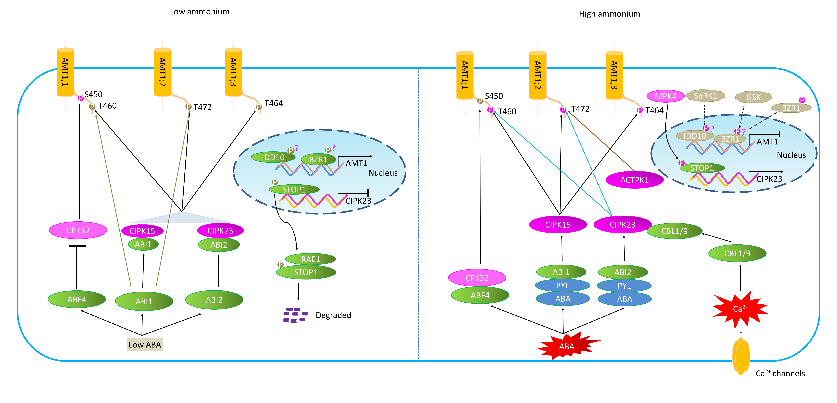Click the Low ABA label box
[145, 344]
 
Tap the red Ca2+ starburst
[740, 309]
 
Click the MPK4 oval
[665, 96]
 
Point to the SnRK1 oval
[705, 96]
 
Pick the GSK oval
[753, 97]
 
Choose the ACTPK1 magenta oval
[634, 180]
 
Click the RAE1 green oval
[311, 259]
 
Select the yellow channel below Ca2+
[741, 356]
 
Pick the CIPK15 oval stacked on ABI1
[142, 231]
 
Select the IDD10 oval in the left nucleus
[273, 157]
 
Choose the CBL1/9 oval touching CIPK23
[675, 231]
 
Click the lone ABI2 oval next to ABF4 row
[214, 300]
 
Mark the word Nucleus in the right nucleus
[791, 155]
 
